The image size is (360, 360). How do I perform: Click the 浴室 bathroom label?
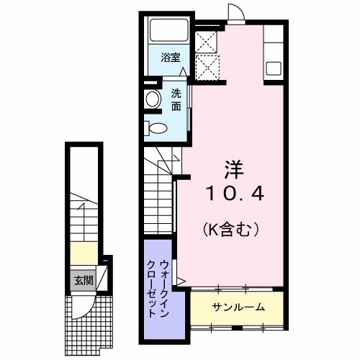(x=170, y=58)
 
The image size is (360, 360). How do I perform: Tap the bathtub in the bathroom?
(x=169, y=31)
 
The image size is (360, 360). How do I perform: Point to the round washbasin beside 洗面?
(x=153, y=100)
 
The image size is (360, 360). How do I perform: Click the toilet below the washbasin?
(x=156, y=129)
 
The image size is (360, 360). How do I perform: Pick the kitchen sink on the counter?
(x=274, y=69)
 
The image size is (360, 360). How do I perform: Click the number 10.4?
(x=235, y=194)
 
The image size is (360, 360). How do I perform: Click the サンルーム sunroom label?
(x=238, y=307)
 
